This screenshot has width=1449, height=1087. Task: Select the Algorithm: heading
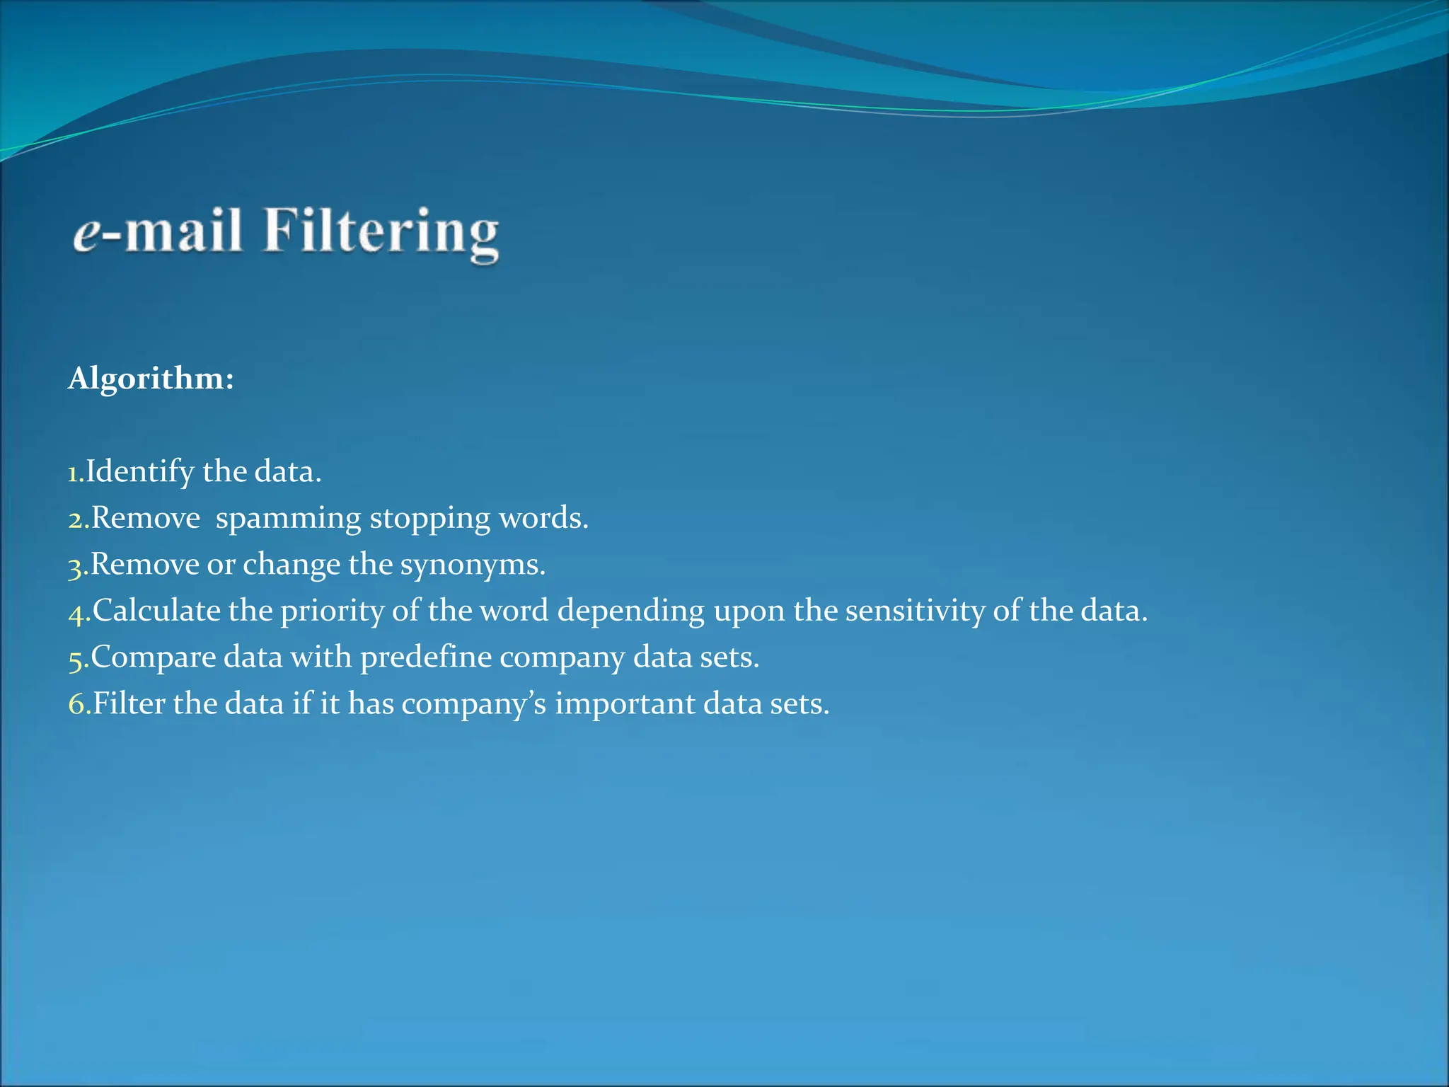point(151,379)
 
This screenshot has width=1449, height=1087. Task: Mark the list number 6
point(78,705)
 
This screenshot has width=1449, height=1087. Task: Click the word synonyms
point(473,565)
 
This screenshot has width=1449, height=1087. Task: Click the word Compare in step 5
point(154,657)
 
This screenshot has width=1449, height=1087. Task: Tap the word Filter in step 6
point(129,703)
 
